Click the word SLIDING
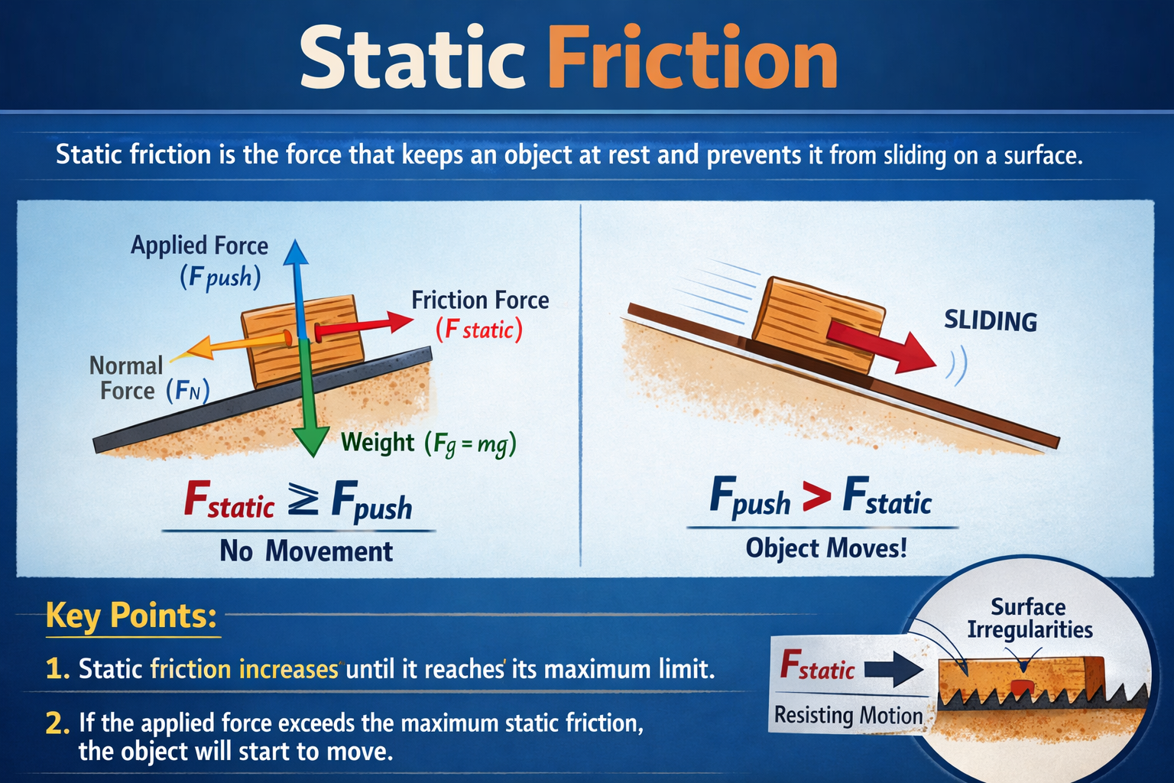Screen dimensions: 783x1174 pyautogui.click(x=991, y=320)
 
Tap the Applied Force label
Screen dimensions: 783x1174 pyautogui.click(x=199, y=245)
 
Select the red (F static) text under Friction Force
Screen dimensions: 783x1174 pyautogui.click(x=479, y=330)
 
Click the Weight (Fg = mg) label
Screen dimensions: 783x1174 pyautogui.click(x=428, y=443)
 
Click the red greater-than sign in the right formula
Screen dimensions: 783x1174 pyautogui.click(x=816, y=499)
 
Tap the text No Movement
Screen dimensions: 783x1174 pyautogui.click(x=306, y=551)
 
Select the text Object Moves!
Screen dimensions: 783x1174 pyautogui.click(x=825, y=548)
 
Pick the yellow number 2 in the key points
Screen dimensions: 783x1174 pyautogui.click(x=57, y=723)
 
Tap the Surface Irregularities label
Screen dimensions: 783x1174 pyautogui.click(x=1029, y=619)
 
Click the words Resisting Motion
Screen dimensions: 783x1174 pyautogui.click(x=848, y=716)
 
